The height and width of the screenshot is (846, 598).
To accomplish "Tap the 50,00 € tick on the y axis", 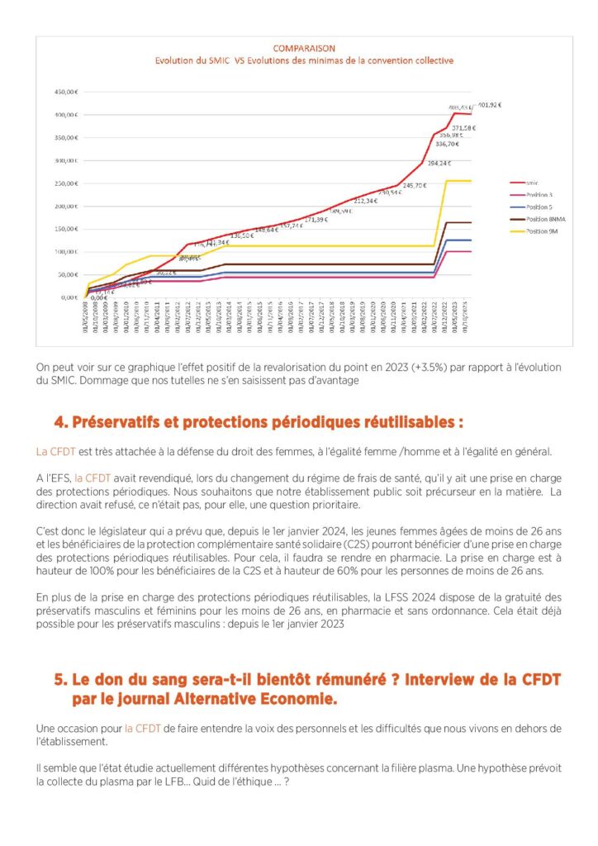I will pos(66,274).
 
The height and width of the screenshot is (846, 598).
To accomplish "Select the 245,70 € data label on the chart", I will pos(414,185).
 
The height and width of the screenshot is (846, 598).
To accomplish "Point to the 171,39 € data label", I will pos(316,219).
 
